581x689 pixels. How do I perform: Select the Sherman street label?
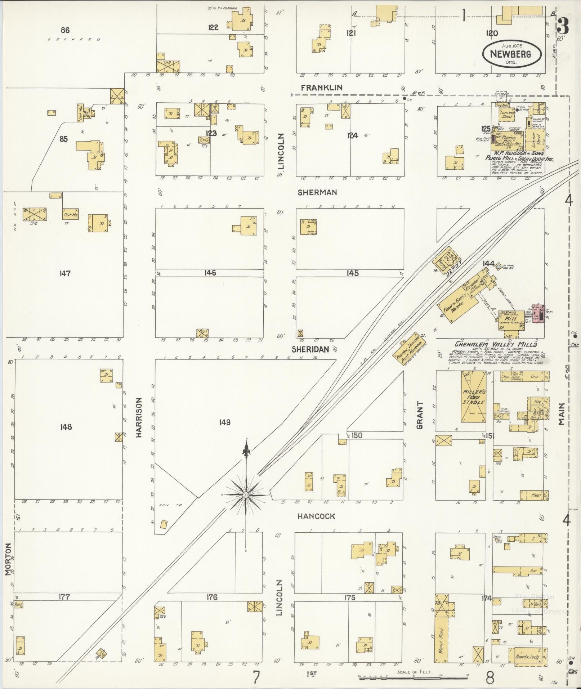[317, 193]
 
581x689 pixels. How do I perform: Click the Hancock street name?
[316, 516]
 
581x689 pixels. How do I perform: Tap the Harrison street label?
[139, 417]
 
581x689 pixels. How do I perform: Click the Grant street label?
[420, 415]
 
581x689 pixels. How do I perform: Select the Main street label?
[561, 414]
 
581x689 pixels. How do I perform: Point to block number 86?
[65, 30]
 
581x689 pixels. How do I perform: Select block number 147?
[65, 274]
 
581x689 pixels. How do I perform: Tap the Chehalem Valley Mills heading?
[496, 344]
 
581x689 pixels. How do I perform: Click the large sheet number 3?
[562, 26]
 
